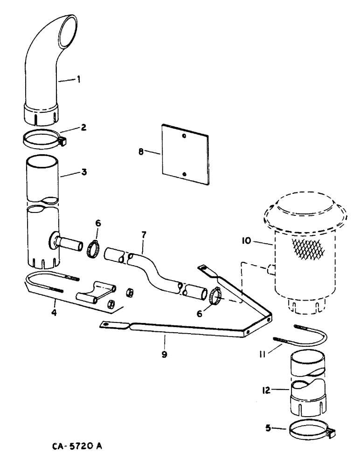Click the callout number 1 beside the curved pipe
(x=78, y=80)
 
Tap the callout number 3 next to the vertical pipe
(x=84, y=172)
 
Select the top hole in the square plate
(x=185, y=136)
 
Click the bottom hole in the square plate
(x=185, y=174)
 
